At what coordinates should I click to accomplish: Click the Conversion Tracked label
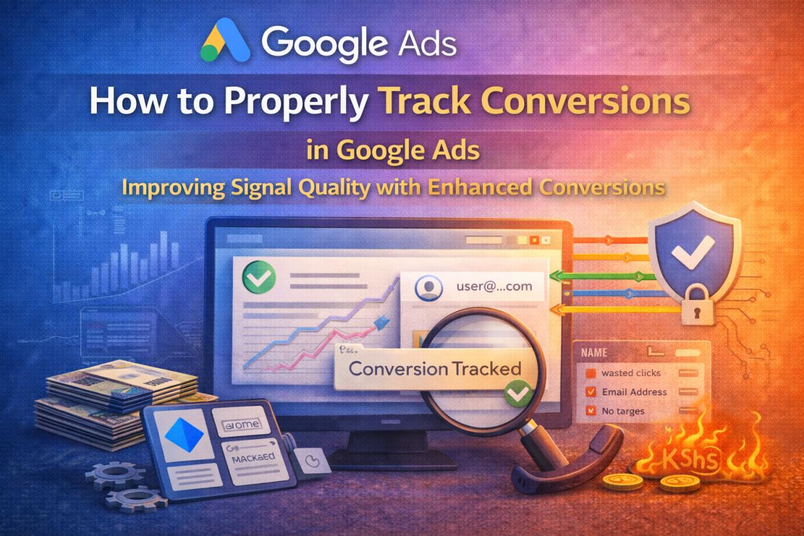tap(434, 368)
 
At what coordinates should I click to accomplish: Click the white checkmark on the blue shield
tap(693, 251)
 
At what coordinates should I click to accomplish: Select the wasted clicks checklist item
tap(631, 373)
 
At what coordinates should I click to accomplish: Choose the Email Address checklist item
tap(634, 392)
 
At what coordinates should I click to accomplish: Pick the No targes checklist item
tap(623, 411)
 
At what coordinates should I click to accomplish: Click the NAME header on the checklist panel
tap(594, 352)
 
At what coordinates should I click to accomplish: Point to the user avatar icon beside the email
tap(428, 289)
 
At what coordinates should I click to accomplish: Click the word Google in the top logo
tap(329, 43)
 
